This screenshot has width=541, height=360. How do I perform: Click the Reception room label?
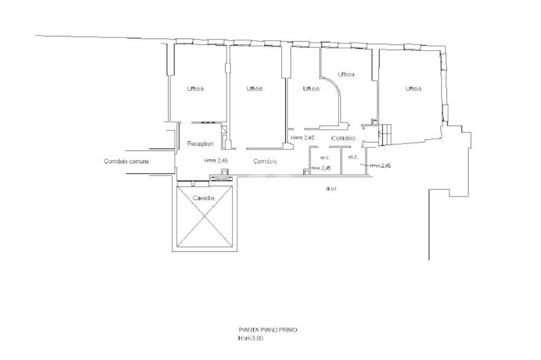[200, 144]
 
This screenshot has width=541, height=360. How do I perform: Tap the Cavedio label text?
[203, 198]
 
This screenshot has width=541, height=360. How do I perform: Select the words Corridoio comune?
[127, 162]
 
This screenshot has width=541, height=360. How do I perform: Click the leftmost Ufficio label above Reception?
[195, 89]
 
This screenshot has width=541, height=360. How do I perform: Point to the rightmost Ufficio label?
[413, 89]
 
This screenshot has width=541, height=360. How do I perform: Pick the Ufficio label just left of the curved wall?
[311, 89]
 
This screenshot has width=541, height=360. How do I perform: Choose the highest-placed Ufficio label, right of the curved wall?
[346, 74]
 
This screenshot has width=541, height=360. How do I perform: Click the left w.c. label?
[325, 158]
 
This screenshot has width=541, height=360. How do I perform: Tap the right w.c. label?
[353, 157]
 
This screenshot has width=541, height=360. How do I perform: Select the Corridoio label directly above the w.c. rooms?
[343, 139]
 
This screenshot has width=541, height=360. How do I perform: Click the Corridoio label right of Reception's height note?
[265, 162]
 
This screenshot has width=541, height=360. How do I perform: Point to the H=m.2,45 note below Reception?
[216, 160]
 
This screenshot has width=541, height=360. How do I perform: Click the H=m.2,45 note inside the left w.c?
[321, 168]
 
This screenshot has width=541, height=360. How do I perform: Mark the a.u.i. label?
[332, 189]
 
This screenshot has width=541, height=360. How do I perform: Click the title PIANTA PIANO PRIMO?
[268, 330]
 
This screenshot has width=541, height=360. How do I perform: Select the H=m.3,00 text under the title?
[250, 338]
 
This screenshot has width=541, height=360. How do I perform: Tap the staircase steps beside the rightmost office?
[386, 134]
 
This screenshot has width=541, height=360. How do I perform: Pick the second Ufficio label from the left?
[255, 89]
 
